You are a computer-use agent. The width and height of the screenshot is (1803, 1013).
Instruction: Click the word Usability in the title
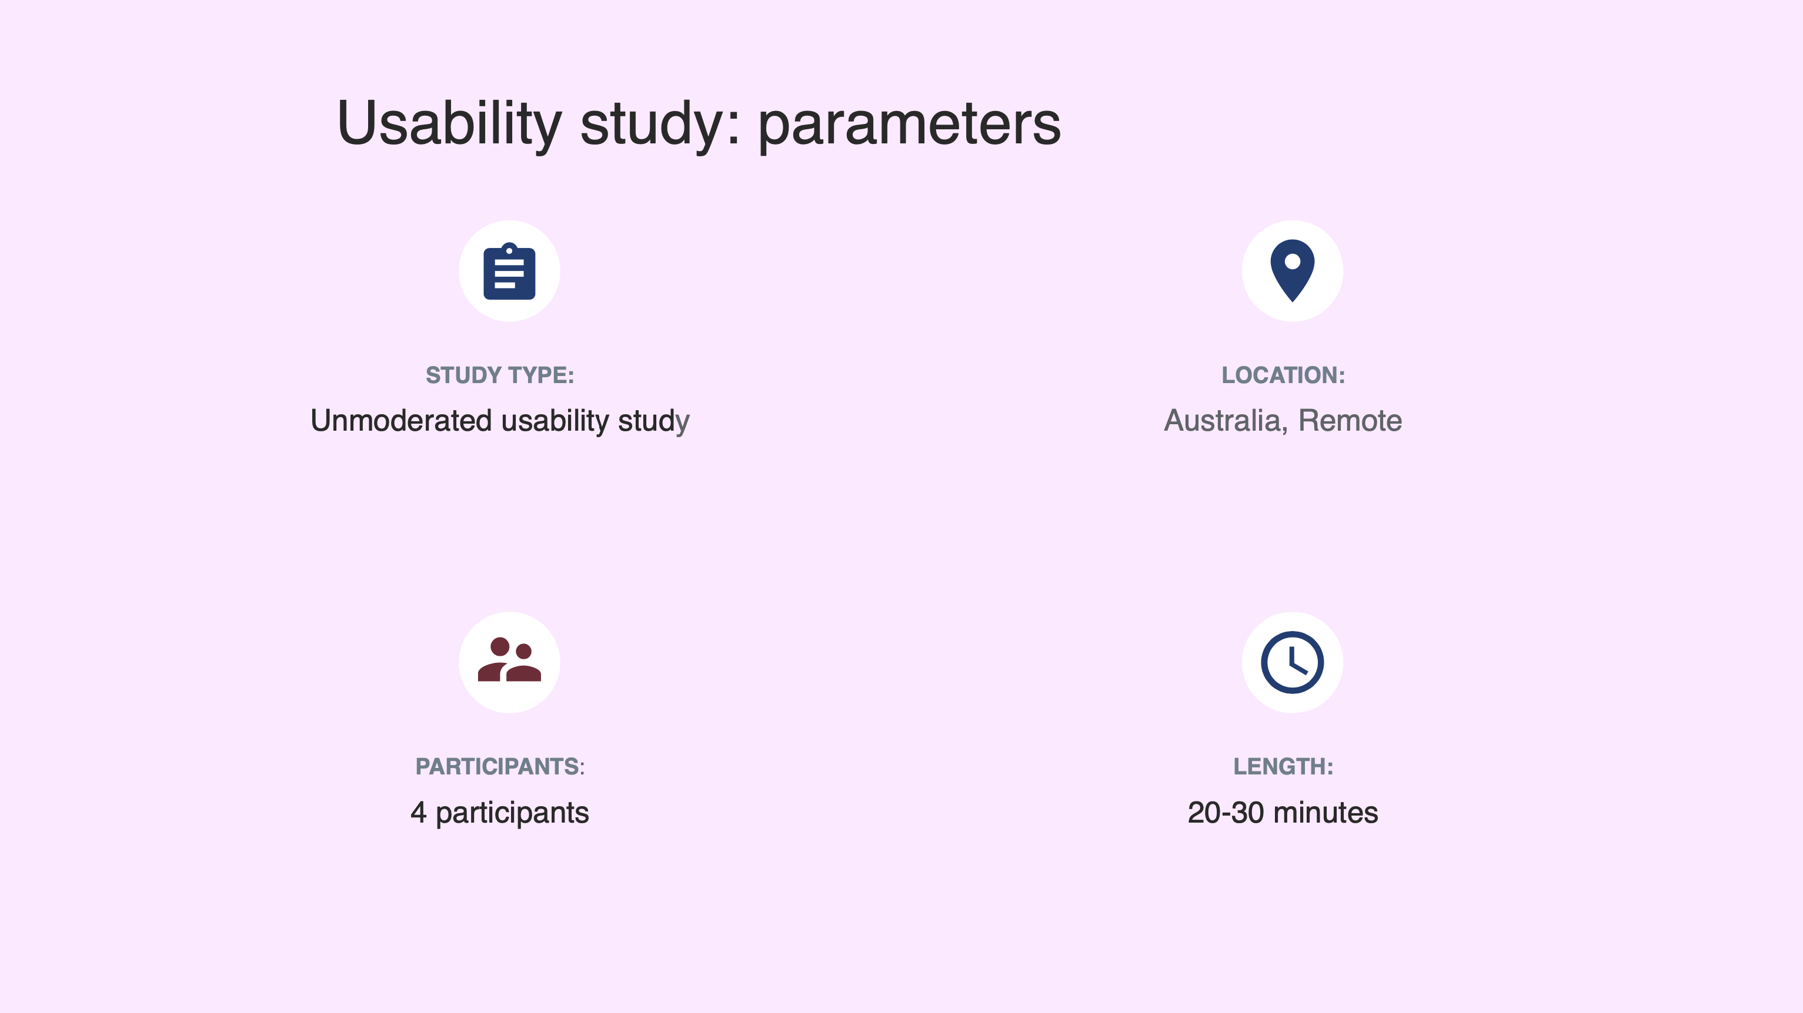coord(449,123)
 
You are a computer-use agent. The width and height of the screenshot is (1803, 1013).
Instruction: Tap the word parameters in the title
coord(909,126)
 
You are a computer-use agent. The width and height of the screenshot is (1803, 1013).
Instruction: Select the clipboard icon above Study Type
coord(509,271)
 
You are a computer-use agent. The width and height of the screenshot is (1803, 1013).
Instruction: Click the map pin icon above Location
coord(1293,271)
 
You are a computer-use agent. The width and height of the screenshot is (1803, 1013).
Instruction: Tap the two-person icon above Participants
coord(509,660)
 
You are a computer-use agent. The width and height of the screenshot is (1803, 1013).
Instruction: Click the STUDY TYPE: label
coord(500,375)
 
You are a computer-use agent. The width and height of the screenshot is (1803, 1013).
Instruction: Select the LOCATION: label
coord(1283,375)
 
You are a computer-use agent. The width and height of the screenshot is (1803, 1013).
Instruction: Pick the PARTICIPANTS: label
coord(500,767)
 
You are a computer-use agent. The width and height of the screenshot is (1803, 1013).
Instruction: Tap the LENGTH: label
coord(1283,767)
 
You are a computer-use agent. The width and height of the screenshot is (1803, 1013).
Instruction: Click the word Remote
coord(1350,421)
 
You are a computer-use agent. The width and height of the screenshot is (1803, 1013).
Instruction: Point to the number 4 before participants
coord(418,812)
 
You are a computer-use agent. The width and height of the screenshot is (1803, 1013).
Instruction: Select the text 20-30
coord(1226,812)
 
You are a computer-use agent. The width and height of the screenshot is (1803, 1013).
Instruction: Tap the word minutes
coord(1325,812)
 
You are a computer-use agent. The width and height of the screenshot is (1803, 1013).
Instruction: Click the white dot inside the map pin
coord(1293,261)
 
